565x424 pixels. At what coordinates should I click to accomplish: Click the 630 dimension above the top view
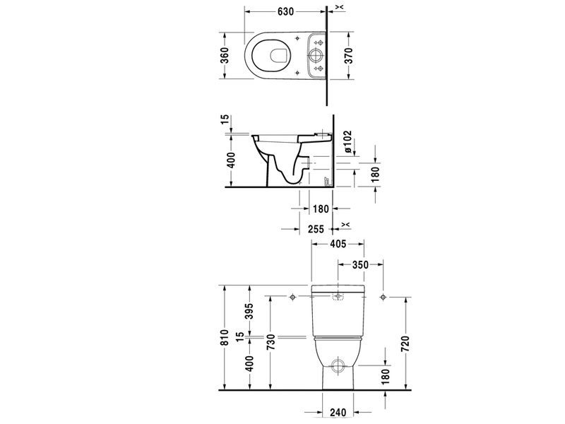[286, 11]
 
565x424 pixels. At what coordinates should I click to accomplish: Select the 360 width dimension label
[225, 55]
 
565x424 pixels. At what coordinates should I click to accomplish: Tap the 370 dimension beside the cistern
[348, 55]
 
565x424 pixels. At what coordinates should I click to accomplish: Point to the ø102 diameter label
[347, 141]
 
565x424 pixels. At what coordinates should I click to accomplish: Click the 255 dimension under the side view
[316, 229]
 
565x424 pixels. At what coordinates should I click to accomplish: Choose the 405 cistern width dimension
[338, 244]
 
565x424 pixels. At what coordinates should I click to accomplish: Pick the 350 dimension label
[360, 264]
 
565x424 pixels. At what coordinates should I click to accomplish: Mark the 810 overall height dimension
[225, 338]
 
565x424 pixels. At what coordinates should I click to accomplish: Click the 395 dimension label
[249, 312]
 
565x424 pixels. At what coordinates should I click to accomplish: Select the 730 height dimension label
[270, 343]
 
